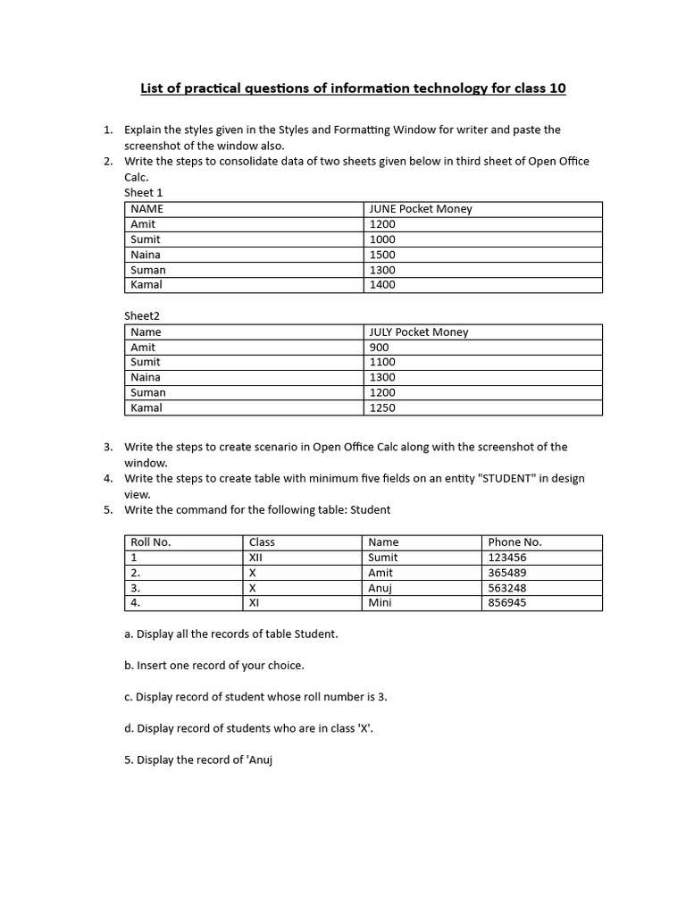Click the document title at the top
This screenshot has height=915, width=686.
353,88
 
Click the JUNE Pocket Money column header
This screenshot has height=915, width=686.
421,209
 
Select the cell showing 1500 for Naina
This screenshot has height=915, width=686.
382,255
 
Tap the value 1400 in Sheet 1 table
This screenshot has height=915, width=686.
382,285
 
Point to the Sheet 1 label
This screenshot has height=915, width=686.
143,192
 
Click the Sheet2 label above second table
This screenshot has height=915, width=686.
141,315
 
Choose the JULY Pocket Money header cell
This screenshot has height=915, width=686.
419,332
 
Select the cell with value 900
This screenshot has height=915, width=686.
379,348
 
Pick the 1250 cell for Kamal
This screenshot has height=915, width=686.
382,408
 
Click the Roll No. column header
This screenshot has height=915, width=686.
150,542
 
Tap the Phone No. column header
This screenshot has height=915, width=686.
514,542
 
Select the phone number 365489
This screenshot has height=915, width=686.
506,573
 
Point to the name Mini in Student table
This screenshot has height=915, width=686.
381,603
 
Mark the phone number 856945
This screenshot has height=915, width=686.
506,603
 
